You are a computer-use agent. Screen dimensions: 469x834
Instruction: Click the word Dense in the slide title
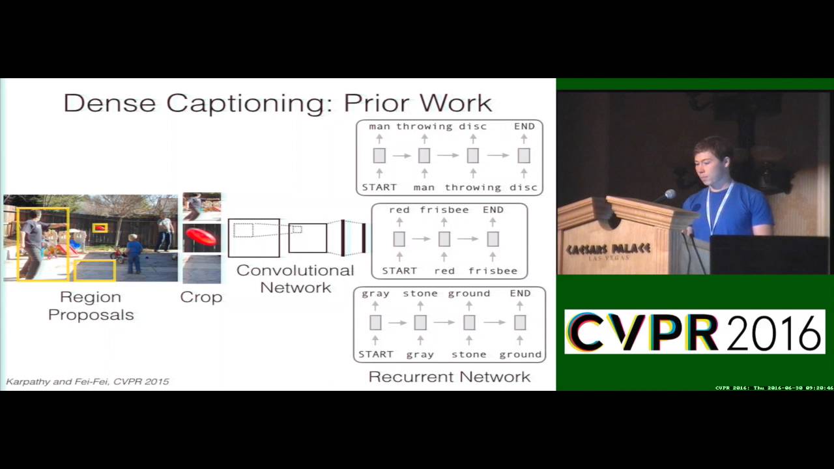(x=109, y=103)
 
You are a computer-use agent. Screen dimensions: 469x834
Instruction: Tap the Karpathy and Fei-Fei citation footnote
(x=87, y=381)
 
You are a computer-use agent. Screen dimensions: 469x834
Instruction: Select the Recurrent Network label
(x=449, y=377)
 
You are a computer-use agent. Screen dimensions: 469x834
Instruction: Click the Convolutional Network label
(x=295, y=279)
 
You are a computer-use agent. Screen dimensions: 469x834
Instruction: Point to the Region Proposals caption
(x=91, y=306)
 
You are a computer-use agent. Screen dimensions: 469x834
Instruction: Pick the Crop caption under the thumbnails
(x=201, y=297)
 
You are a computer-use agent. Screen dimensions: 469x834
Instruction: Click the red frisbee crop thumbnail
(x=201, y=237)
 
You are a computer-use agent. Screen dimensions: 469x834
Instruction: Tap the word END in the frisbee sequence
(x=493, y=210)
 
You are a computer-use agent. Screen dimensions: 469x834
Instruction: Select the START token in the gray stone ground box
(x=376, y=354)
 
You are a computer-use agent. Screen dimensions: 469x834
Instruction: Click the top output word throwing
(x=424, y=126)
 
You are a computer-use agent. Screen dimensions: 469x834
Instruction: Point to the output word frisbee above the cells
(x=444, y=210)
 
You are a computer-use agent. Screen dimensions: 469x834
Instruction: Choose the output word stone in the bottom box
(x=420, y=293)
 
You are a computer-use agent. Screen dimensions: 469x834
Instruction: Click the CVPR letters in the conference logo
(x=642, y=332)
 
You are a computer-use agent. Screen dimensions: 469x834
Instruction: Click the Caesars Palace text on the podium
(x=608, y=249)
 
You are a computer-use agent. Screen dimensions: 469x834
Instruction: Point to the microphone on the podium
(x=669, y=195)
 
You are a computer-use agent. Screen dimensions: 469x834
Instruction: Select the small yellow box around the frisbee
(x=100, y=228)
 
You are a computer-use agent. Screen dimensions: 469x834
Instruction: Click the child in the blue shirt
(x=134, y=253)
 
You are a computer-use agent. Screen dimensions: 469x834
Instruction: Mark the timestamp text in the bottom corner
(x=773, y=388)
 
